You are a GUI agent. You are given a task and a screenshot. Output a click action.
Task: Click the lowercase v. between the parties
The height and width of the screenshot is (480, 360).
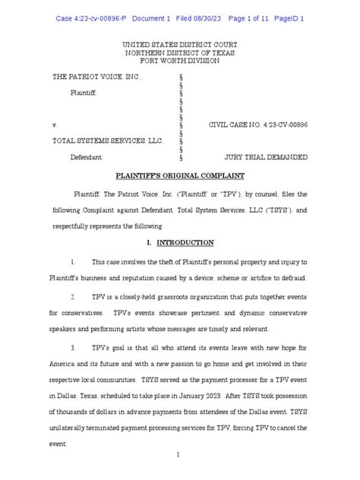point(54,124)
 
